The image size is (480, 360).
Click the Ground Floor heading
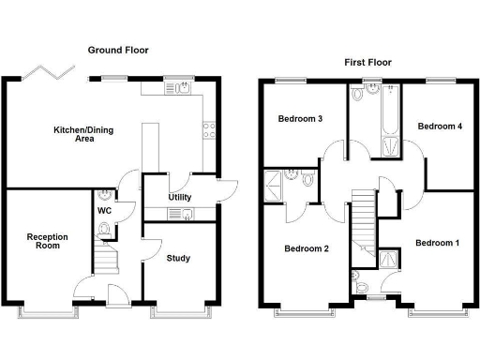tap(118, 50)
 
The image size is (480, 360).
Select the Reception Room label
tap(43, 241)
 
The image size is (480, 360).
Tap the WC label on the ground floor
tap(105, 210)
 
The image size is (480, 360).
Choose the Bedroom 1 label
tap(437, 244)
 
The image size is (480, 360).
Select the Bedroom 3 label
tap(300, 119)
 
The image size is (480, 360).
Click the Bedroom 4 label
tap(440, 126)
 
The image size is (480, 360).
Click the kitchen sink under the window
tap(178, 88)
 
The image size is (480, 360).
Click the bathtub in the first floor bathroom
tap(388, 122)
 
